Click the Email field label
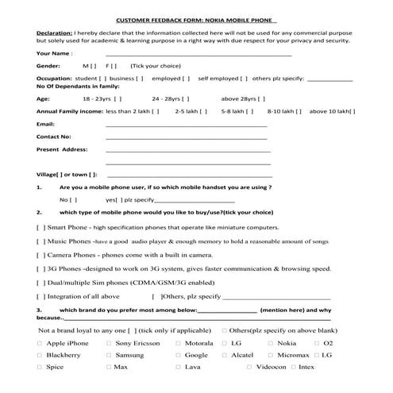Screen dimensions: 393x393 click(46, 124)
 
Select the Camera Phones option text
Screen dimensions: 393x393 click(71, 255)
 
